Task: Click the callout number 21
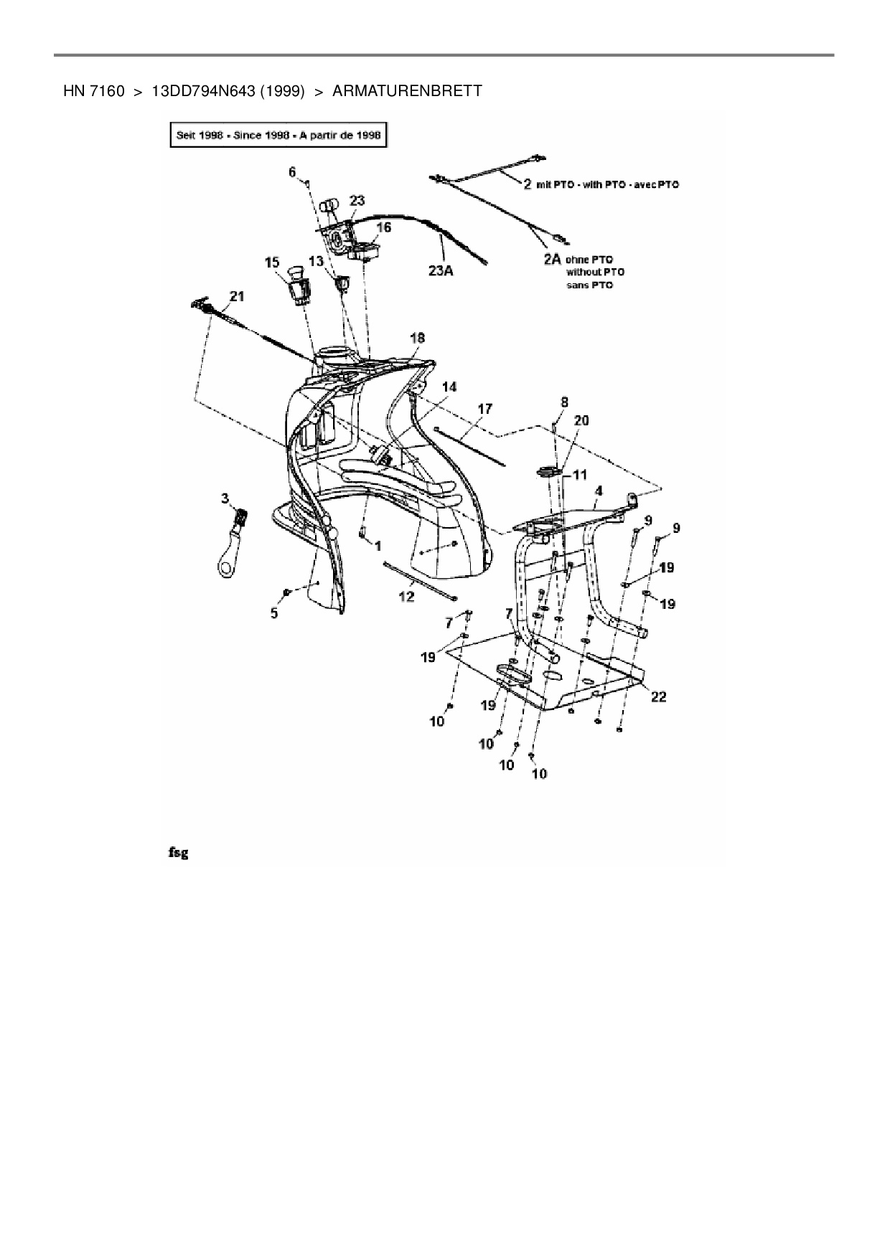236,296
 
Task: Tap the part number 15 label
272,263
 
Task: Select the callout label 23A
441,271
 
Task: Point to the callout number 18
417,337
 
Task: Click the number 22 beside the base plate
658,696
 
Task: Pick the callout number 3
225,498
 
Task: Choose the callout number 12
406,596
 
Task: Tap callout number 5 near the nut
274,613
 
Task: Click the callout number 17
485,409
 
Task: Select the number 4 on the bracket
599,491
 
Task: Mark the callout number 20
581,420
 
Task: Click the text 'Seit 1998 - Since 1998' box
278,135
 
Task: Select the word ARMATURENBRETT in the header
407,91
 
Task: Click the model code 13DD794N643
202,91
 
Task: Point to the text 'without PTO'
595,273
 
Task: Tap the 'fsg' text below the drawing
178,853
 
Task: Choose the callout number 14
449,387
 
